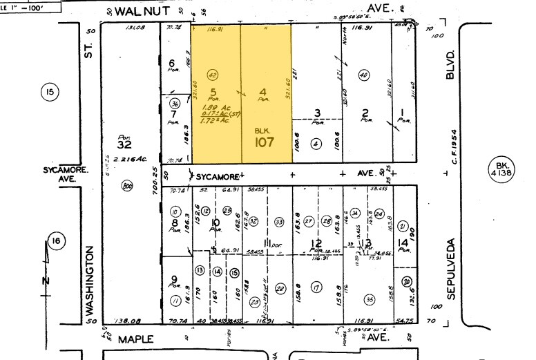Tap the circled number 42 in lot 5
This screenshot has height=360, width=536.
coord(213,75)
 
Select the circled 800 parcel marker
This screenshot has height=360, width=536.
coord(127,186)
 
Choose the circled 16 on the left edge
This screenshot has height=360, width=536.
coord(57,241)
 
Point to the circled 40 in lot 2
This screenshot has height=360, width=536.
coord(364,75)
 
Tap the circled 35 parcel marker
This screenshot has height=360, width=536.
coord(370,300)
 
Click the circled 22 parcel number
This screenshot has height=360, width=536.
coord(280,287)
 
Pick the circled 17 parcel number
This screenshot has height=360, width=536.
coord(316,287)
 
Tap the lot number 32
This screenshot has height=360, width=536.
coord(124,145)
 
